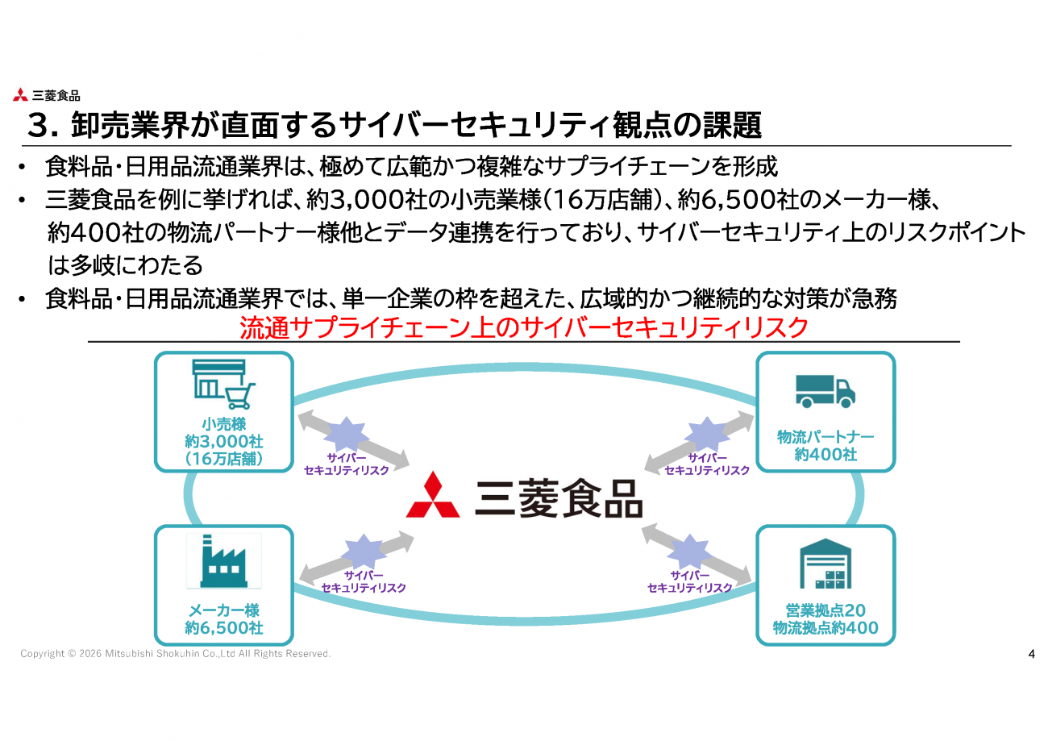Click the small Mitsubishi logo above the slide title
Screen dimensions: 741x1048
click(20, 95)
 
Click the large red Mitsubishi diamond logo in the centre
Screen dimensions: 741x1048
click(433, 495)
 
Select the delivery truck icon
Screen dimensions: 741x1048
click(825, 391)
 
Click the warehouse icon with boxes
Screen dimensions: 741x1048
click(826, 564)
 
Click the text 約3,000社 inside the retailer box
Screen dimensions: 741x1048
click(224, 442)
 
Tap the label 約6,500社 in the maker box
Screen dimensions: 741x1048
click(224, 628)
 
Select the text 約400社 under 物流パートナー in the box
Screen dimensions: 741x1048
click(826, 455)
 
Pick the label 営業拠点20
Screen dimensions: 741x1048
click(826, 610)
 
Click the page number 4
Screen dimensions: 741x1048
click(1031, 653)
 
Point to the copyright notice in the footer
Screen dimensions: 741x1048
click(176, 653)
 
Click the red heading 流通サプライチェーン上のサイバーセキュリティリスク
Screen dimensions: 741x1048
click(524, 327)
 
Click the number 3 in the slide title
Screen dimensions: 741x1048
click(37, 126)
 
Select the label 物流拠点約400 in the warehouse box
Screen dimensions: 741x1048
click(826, 628)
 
